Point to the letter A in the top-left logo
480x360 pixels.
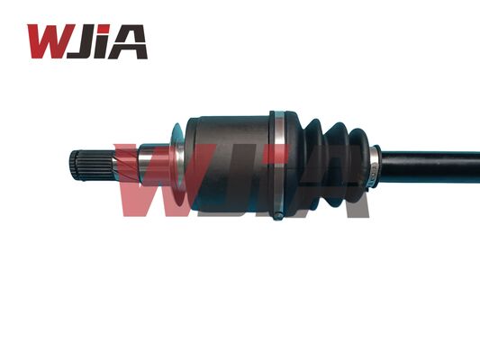(x=131, y=41)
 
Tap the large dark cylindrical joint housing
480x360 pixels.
(x=230, y=165)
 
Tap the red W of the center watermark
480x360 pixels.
(x=167, y=184)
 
